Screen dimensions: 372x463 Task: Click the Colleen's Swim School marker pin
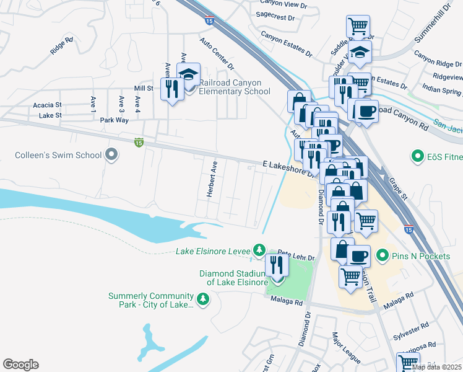click(111, 154)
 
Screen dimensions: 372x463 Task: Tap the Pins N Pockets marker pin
click(383, 255)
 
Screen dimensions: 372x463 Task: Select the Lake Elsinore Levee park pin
click(259, 250)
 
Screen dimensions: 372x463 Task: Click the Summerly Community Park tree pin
click(203, 300)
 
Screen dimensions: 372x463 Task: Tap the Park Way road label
click(115, 120)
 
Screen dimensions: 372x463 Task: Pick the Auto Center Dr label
click(217, 53)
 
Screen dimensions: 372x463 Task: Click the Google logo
click(20, 365)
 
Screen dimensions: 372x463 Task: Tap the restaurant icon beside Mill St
click(170, 88)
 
